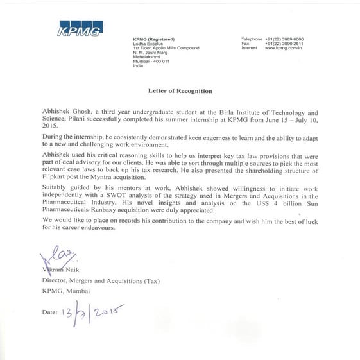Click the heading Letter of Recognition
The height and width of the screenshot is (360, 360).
(x=180, y=91)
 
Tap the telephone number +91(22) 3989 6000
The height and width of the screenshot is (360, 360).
(x=284, y=39)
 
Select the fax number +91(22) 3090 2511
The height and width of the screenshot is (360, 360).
(x=284, y=44)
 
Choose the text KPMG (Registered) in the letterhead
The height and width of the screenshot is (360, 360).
(x=153, y=39)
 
